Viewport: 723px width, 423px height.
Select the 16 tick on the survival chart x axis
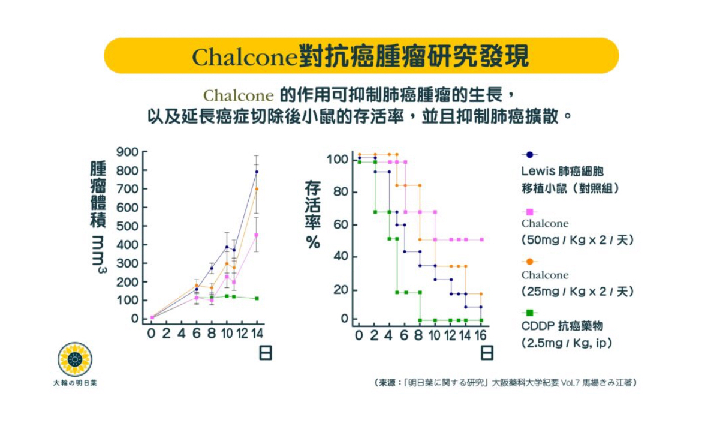(x=480, y=334)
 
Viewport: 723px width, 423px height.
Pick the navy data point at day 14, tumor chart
(x=257, y=172)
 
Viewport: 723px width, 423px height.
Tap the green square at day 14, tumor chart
(x=257, y=298)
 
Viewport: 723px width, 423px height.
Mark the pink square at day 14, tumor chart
(x=257, y=235)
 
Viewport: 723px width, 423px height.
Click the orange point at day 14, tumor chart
(x=257, y=189)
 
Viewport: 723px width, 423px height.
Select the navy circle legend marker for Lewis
(x=530, y=154)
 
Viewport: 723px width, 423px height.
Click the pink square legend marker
(x=530, y=212)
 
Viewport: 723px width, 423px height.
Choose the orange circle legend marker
(x=530, y=262)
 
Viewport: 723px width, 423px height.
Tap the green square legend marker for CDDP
(x=530, y=313)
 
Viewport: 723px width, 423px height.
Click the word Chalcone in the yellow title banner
(x=245, y=56)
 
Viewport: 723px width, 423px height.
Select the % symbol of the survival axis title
(x=312, y=242)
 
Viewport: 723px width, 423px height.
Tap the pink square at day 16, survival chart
(x=481, y=239)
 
